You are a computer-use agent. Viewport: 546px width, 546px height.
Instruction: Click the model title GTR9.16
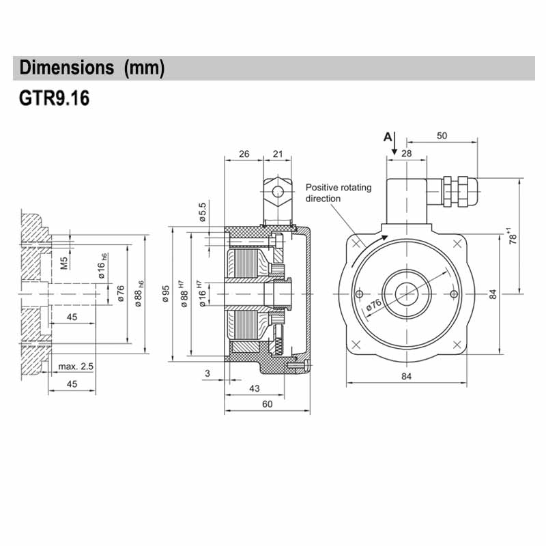tap(54, 98)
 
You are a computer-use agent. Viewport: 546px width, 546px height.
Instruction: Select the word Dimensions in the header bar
tap(66, 68)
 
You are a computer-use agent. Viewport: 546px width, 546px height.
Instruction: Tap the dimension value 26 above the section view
tap(244, 154)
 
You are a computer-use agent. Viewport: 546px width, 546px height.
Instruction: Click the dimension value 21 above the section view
tap(277, 154)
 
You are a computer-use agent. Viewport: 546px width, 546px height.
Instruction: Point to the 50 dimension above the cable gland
tap(442, 136)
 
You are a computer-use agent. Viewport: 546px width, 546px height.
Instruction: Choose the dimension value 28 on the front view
tap(407, 154)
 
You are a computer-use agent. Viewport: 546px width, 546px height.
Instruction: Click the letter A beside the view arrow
tap(388, 136)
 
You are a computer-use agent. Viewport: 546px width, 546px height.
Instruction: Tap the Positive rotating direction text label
tap(338, 192)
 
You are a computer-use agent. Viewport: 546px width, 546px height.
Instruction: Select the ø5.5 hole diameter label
tap(202, 212)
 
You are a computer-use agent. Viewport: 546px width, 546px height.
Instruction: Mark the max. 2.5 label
tap(76, 367)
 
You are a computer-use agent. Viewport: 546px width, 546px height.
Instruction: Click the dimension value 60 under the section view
tap(267, 404)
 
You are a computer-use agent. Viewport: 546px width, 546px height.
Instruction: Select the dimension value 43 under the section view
tap(254, 388)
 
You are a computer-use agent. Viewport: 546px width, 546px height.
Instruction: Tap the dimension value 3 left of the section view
tap(208, 373)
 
